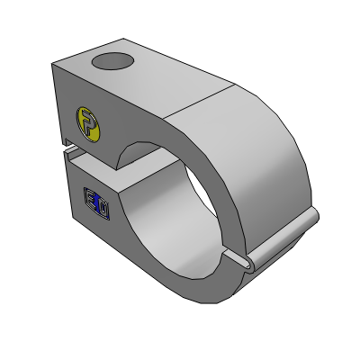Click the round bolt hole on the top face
[x=112, y=62]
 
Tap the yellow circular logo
[x=88, y=122]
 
